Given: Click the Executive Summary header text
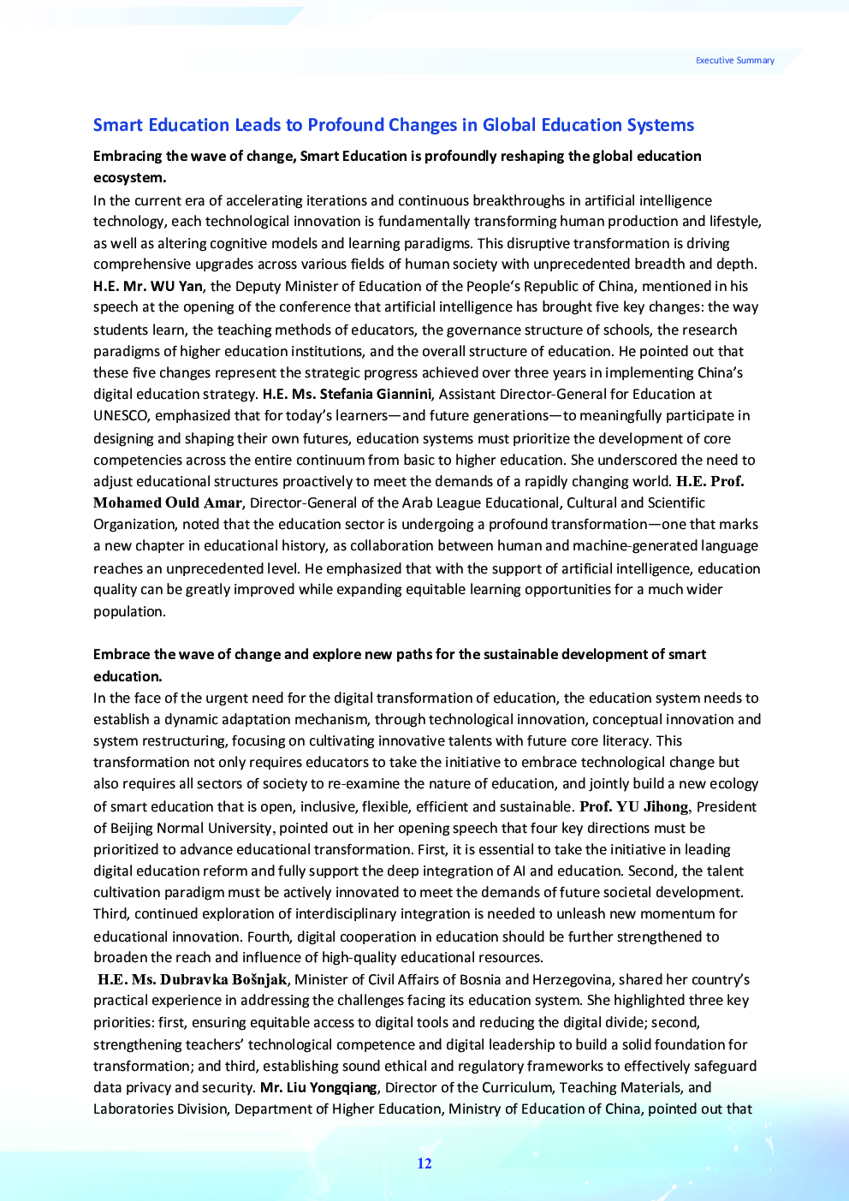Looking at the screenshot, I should pyautogui.click(x=734, y=61).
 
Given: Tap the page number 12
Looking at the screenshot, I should pyautogui.click(x=424, y=1163).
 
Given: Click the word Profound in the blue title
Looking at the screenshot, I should pyautogui.click(x=340, y=125).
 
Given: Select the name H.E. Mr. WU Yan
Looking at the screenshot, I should pyautogui.click(x=148, y=286).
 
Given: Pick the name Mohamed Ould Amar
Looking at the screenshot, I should pyautogui.click(x=168, y=502).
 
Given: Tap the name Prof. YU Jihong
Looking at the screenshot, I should pyautogui.click(x=633, y=806).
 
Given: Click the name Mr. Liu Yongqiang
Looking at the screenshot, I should pyautogui.click(x=318, y=1087).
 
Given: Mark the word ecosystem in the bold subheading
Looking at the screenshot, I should pyautogui.click(x=128, y=178).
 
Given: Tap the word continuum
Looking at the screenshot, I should pyautogui.click(x=335, y=460).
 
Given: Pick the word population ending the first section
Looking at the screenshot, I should pyautogui.click(x=128, y=611).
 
